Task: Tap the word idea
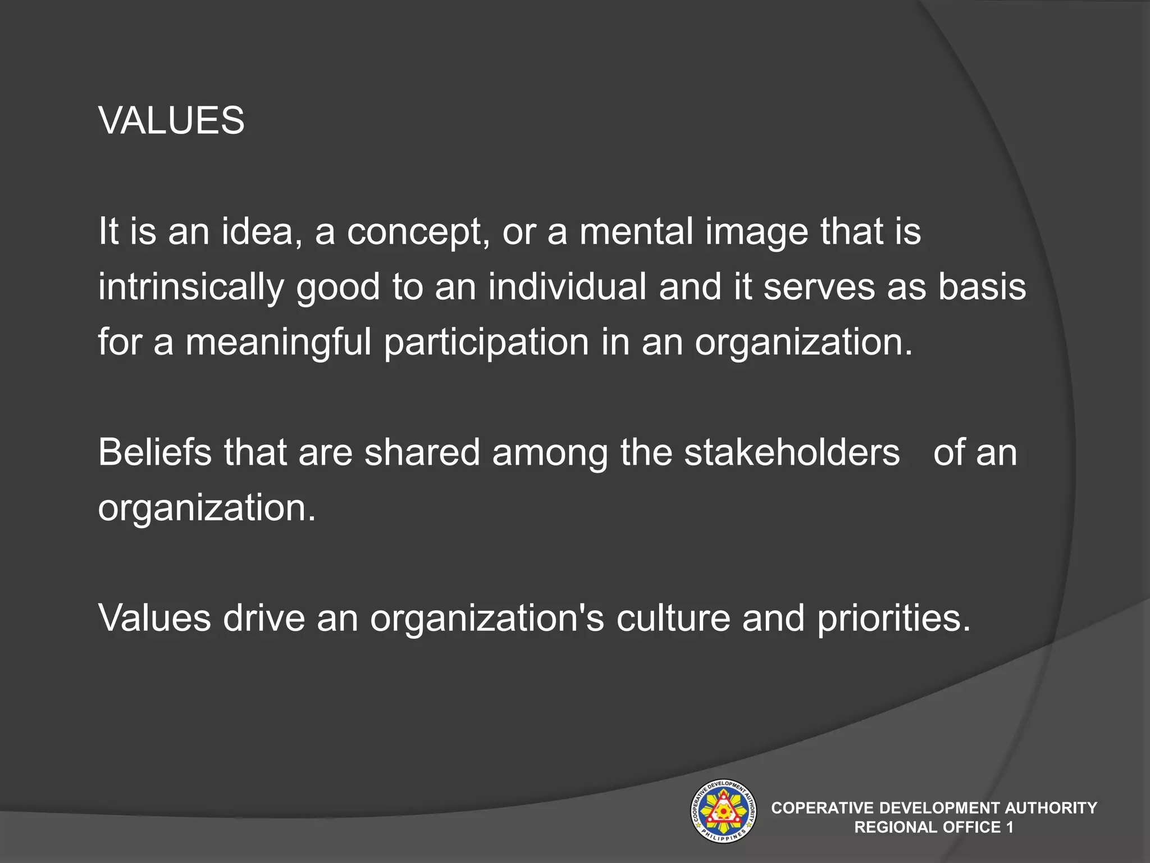click(x=258, y=231)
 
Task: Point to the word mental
click(x=636, y=231)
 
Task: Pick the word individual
click(x=567, y=286)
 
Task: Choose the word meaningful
click(x=278, y=342)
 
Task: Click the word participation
click(x=486, y=342)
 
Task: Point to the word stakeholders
click(x=792, y=452)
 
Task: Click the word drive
click(x=263, y=617)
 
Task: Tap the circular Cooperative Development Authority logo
click(x=723, y=811)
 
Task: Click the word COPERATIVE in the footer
click(x=822, y=808)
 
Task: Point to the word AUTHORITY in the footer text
click(x=1051, y=808)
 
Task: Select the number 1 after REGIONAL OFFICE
click(x=1010, y=827)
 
